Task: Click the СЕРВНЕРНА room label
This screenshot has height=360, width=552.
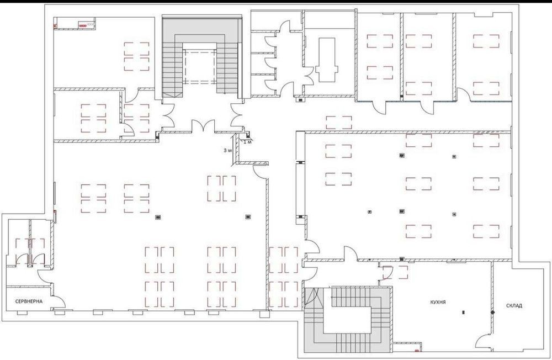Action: click(29, 301)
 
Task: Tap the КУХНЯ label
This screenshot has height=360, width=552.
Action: click(438, 302)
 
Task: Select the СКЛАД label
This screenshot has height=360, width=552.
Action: click(514, 306)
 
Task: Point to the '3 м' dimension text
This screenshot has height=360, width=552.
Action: click(228, 150)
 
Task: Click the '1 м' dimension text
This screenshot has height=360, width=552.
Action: click(247, 142)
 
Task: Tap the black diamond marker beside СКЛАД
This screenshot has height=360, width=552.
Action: click(493, 312)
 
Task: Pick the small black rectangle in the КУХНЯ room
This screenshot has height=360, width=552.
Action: click(463, 312)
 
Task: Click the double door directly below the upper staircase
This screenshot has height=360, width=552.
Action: click(203, 125)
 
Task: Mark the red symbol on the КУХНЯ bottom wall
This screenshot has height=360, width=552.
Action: click(417, 351)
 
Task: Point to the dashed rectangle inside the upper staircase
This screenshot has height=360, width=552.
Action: click(200, 67)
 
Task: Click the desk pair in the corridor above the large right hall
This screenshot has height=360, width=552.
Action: click(339, 123)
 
